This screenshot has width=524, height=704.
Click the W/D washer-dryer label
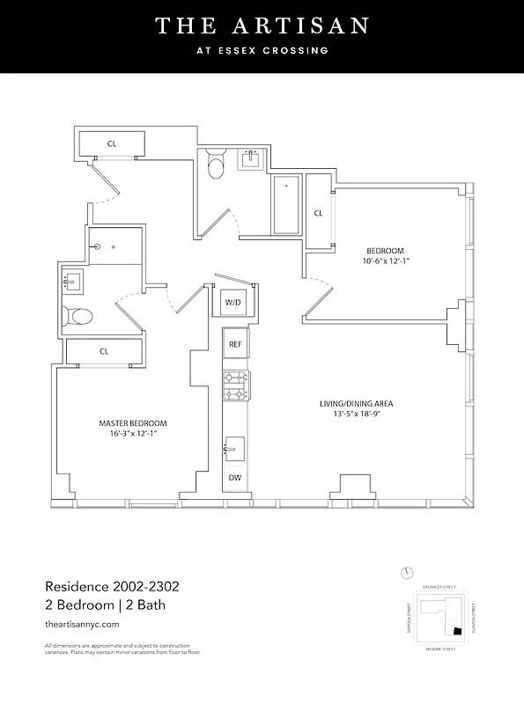click(233, 303)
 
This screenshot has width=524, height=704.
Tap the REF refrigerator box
click(234, 344)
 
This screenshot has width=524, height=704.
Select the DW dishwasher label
click(234, 478)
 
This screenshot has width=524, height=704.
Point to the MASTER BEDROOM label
click(132, 423)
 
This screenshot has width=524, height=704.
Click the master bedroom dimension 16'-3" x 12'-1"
click(132, 435)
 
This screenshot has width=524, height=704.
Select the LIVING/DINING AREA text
click(356, 404)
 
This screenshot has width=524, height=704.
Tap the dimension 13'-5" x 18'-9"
click(356, 415)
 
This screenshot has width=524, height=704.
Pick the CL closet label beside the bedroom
click(318, 213)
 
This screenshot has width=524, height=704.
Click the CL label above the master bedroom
click(104, 351)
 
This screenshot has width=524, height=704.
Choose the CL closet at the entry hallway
click(112, 143)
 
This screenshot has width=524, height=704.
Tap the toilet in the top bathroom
click(216, 165)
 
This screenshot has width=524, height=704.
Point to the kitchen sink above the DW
click(234, 447)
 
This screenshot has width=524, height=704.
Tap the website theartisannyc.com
click(82, 623)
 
